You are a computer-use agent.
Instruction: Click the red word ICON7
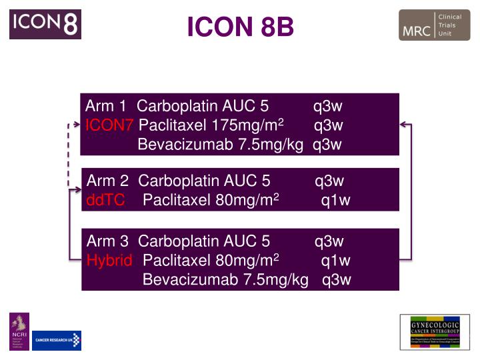(x=110, y=125)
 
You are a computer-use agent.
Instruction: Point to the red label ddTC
(x=105, y=200)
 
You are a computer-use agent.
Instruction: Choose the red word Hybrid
(x=110, y=260)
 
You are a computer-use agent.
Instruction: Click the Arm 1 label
(x=106, y=106)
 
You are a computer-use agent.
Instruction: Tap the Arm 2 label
(x=107, y=181)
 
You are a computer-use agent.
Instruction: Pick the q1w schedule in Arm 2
(x=335, y=200)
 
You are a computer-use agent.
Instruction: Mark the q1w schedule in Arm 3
(x=335, y=260)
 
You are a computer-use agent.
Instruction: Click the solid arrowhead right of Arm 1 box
(x=403, y=124)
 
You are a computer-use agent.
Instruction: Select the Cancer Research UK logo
(x=57, y=340)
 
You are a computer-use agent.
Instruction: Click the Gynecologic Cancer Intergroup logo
(x=435, y=331)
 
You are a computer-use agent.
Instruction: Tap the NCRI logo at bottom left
(x=19, y=331)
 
